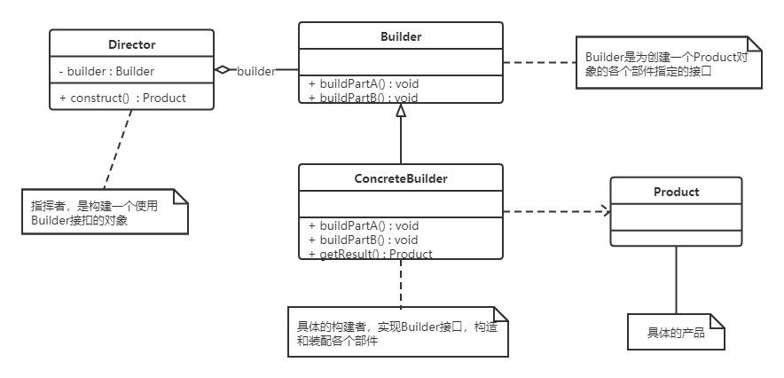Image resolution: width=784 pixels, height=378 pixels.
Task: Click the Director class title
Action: pyautogui.click(x=131, y=44)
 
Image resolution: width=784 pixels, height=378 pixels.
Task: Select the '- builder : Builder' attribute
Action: pyautogui.click(x=106, y=72)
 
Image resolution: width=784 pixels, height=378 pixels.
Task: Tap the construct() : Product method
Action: pyautogui.click(x=122, y=98)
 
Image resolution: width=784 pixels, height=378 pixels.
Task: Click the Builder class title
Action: pyautogui.click(x=401, y=36)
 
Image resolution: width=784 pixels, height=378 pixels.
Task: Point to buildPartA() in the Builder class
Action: pyautogui.click(x=364, y=84)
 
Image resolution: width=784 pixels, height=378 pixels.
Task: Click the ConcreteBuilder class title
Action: pyautogui.click(x=401, y=178)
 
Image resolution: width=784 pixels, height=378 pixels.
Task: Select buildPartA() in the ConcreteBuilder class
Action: pyautogui.click(x=364, y=226)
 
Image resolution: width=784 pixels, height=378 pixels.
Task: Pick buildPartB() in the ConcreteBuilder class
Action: pyautogui.click(x=364, y=240)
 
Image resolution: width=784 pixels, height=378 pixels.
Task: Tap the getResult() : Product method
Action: pyautogui.click(x=371, y=254)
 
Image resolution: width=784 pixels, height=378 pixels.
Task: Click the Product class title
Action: pyautogui.click(x=676, y=192)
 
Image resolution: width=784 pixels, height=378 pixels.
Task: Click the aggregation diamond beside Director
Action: pyautogui.click(x=223, y=70)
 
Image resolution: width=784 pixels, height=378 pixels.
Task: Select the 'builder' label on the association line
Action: pyautogui.click(x=256, y=72)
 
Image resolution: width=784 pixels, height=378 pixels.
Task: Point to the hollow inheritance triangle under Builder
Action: pyautogui.click(x=401, y=110)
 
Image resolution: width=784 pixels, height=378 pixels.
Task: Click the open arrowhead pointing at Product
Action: pyautogui.click(x=607, y=211)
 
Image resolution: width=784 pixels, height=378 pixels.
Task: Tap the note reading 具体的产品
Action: pyautogui.click(x=676, y=332)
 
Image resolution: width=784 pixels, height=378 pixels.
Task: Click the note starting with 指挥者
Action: pyautogui.click(x=105, y=211)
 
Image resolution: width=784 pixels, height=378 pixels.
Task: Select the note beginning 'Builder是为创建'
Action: pyautogui.click(x=669, y=62)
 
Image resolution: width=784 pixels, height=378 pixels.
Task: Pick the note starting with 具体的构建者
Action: pyautogui.click(x=398, y=332)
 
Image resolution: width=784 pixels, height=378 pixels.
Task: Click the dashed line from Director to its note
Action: pyautogui.click(x=118, y=149)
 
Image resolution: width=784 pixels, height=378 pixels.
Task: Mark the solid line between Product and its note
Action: pyautogui.click(x=676, y=280)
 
